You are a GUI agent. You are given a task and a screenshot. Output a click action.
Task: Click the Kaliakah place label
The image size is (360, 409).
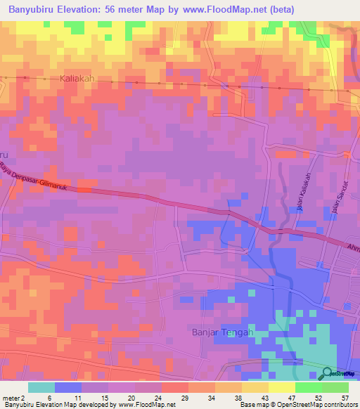[77, 79]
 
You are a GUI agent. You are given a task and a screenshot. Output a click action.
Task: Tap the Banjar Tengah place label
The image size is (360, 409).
[221, 332]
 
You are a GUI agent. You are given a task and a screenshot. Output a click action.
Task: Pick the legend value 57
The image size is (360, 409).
[345, 398]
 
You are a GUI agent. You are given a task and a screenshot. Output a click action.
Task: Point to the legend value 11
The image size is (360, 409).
[69, 398]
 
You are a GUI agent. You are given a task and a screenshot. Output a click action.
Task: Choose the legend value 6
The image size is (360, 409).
[42, 398]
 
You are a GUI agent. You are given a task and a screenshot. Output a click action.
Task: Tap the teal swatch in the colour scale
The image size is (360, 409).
[41, 387]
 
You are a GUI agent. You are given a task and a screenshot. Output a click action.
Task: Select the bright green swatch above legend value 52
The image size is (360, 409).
[308, 387]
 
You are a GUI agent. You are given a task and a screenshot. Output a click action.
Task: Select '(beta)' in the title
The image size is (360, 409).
[279, 10]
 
